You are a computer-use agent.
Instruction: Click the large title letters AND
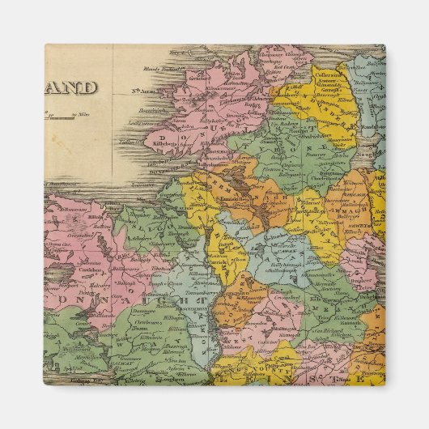(70, 87)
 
